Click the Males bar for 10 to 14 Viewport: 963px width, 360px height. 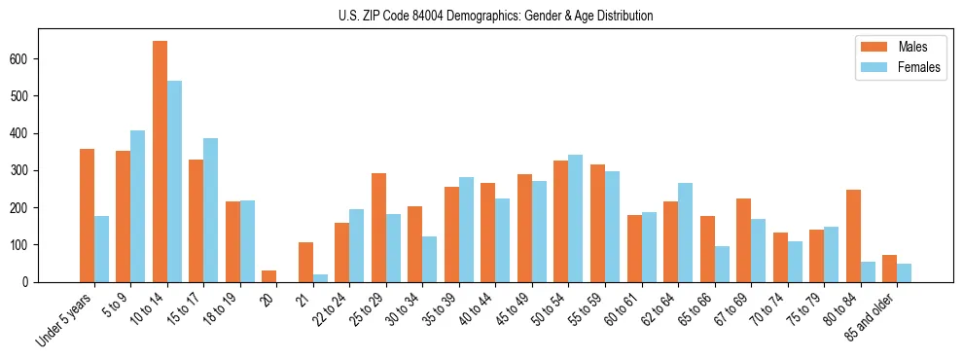coord(160,162)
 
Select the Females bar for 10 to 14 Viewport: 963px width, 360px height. coord(174,181)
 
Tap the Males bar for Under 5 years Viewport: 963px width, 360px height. coord(87,215)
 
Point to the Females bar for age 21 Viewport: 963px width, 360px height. coord(320,278)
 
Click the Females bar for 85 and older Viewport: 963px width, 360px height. coord(904,272)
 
